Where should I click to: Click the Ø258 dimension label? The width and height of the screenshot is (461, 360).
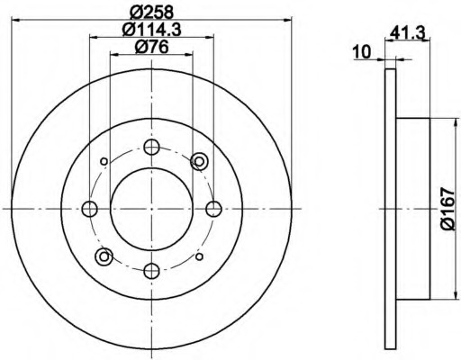(152, 13)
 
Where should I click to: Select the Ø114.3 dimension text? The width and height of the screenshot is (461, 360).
(152, 30)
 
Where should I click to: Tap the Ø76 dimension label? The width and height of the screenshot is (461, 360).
(151, 47)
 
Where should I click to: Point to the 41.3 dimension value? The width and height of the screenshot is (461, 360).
(409, 33)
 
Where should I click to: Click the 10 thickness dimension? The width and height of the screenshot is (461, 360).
(362, 52)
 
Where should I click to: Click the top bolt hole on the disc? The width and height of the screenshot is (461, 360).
(151, 147)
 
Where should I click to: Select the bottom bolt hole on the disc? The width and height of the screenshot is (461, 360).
(151, 271)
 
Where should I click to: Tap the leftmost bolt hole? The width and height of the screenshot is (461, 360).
(89, 209)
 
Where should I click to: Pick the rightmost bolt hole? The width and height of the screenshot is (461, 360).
(214, 209)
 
